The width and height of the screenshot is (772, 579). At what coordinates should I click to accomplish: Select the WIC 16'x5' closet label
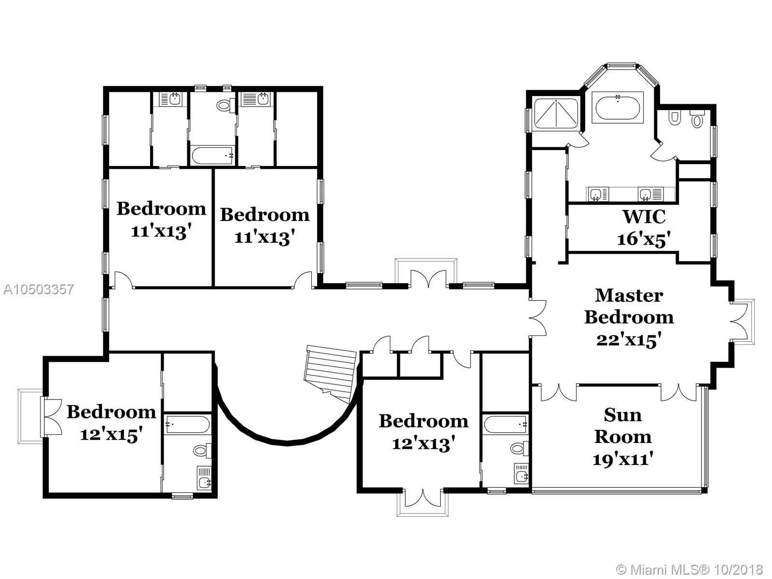pos(644,228)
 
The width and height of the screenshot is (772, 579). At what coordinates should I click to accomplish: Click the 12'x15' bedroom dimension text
pos(111,435)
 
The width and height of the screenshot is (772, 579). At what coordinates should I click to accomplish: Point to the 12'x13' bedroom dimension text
pos(424,443)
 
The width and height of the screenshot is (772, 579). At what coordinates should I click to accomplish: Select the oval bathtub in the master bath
pos(618,107)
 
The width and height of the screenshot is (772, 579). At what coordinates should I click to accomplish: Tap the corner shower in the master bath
pos(556,113)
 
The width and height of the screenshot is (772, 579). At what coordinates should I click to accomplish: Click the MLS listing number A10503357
pos(38,289)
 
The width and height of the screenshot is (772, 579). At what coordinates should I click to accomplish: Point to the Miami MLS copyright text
pos(689,569)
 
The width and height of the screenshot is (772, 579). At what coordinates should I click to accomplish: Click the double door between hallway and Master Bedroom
pos(538,317)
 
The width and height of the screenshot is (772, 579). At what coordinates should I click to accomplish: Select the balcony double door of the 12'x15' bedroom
pos(52,417)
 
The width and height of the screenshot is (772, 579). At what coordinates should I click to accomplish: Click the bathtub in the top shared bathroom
pos(212,155)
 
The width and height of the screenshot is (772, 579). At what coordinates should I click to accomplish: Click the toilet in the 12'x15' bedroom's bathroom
pos(203,450)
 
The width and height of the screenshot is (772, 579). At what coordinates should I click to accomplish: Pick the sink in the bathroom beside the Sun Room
pos(521,473)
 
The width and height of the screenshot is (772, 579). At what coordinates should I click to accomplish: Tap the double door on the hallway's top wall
pos(429,278)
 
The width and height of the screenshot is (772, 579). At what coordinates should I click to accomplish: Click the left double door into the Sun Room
pos(559,392)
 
